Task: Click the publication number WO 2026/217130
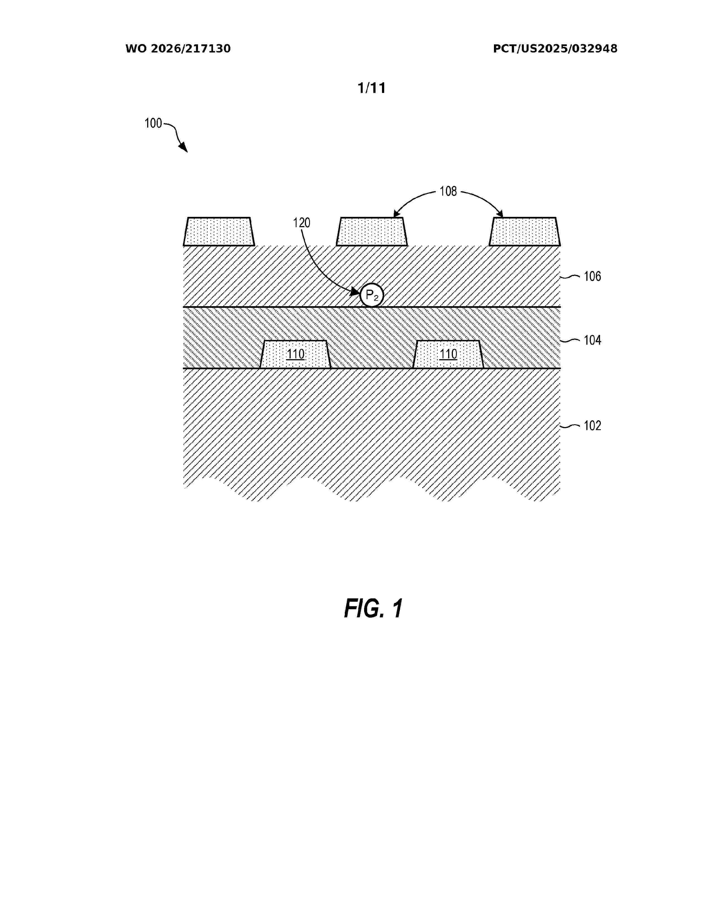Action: point(178,49)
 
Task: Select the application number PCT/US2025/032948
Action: point(555,49)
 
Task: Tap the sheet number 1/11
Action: point(372,88)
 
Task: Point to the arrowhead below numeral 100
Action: point(183,147)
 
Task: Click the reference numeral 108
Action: point(448,191)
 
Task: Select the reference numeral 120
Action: point(302,223)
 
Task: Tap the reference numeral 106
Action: point(592,276)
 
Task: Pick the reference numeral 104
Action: point(592,340)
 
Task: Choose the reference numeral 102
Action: point(592,426)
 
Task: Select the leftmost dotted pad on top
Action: point(219,232)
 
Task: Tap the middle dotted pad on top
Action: point(372,232)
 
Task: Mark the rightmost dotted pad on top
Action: point(525,232)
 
